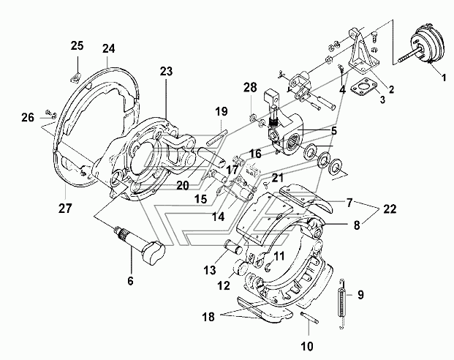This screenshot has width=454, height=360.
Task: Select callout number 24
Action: pyautogui.click(x=109, y=50)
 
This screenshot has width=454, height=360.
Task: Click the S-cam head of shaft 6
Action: pyautogui.click(x=154, y=253)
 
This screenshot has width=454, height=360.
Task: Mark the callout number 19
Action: pyautogui.click(x=221, y=111)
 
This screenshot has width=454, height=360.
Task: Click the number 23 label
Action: pyautogui.click(x=167, y=72)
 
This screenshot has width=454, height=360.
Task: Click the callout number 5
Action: pyautogui.click(x=334, y=132)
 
